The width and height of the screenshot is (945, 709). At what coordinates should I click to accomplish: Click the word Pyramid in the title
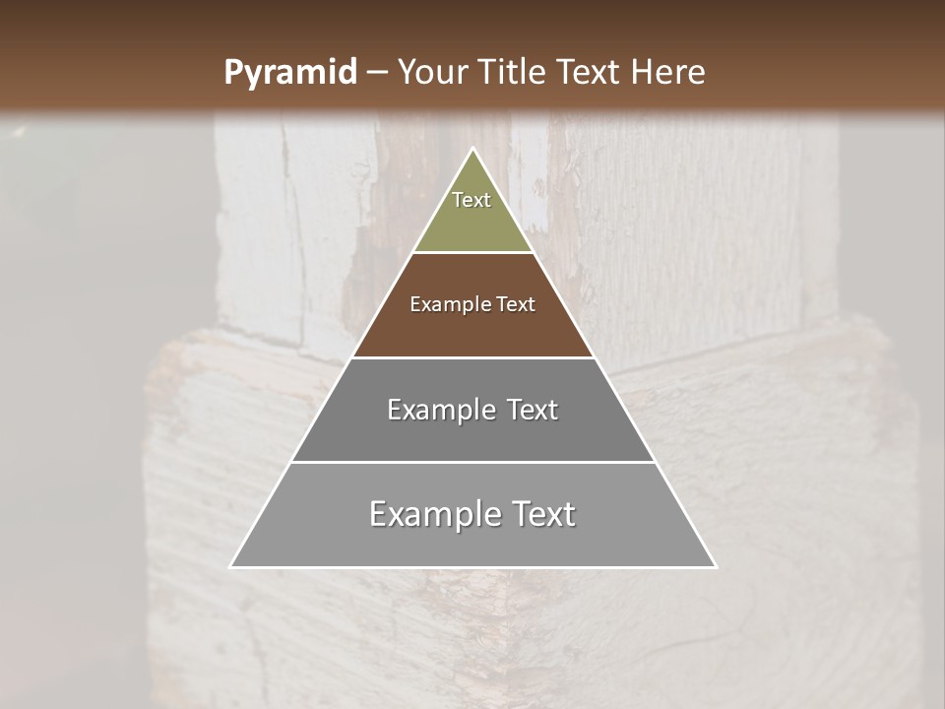tap(289, 73)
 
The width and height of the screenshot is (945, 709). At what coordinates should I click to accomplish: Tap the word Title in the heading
tap(518, 72)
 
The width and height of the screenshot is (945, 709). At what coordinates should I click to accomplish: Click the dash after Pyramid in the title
tap(376, 73)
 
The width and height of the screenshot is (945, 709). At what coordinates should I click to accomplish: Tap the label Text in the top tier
tap(472, 200)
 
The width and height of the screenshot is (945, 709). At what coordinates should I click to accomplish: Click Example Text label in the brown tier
tap(472, 304)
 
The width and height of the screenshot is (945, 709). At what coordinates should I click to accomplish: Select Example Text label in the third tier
tap(472, 410)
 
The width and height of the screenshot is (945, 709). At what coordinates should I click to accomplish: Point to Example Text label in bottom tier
tap(472, 514)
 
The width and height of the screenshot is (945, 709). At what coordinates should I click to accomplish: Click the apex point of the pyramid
tap(473, 149)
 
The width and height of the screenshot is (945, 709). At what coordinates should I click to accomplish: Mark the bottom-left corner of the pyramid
tap(231, 566)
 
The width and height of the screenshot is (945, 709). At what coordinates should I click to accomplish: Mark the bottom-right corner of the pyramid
tap(716, 566)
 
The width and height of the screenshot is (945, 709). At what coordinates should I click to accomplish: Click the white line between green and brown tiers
tap(473, 253)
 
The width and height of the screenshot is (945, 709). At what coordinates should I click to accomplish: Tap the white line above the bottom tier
tap(473, 462)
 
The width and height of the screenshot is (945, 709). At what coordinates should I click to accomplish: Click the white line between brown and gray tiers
tap(473, 357)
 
